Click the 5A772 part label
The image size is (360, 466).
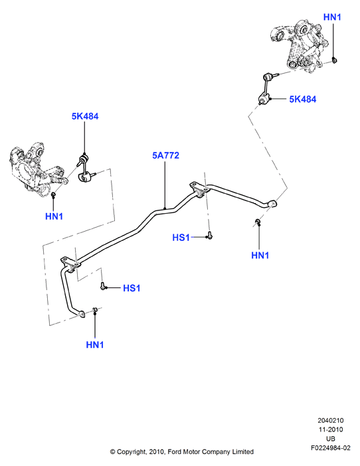pos(165,155)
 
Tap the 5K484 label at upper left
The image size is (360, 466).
pos(85,116)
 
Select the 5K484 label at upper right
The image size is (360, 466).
pos(303,100)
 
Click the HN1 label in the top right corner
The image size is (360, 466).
pos(332,17)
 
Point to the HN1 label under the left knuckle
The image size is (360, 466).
pos(54,216)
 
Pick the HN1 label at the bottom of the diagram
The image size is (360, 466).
pos(95,345)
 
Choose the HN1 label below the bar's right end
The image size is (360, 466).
pos(260,256)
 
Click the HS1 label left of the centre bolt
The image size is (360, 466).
pos(181,238)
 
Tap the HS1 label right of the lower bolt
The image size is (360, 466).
pos(132,288)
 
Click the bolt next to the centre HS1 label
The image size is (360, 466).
pos(210,236)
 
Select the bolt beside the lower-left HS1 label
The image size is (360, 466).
pos(103,286)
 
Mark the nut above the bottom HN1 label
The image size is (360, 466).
pos(95,310)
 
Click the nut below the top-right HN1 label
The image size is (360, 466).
pos(335,60)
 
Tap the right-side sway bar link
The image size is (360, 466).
pos(265,88)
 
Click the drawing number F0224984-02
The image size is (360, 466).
pos(331,447)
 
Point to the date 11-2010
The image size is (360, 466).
pos(331,429)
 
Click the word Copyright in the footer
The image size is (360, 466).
pos(131,452)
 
